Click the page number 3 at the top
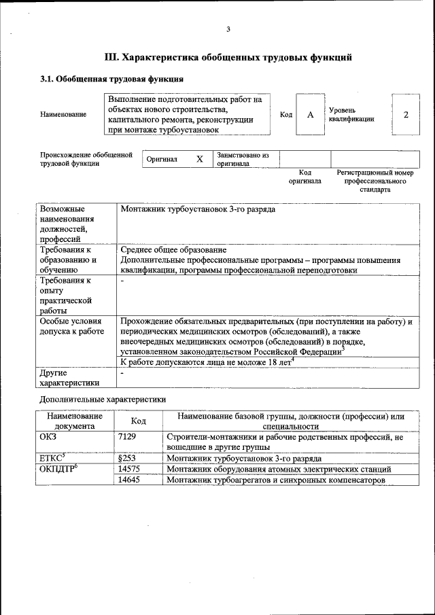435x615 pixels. (x=228, y=29)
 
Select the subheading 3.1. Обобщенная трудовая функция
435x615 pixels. (x=111, y=80)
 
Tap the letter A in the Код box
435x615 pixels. (x=310, y=114)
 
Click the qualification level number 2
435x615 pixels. (x=406, y=114)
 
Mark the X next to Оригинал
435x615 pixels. (x=199, y=159)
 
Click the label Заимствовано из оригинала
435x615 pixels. (x=243, y=159)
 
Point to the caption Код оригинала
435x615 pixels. (x=304, y=177)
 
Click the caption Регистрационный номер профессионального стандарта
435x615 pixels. (x=375, y=181)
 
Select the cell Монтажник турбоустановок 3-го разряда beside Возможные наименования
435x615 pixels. (x=198, y=210)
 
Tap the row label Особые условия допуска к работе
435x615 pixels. (x=71, y=326)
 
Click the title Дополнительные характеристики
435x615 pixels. (x=103, y=400)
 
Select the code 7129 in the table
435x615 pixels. (x=128, y=437)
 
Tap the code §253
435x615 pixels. (x=127, y=459)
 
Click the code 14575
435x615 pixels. (x=129, y=470)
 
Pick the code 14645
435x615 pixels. (x=129, y=480)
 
